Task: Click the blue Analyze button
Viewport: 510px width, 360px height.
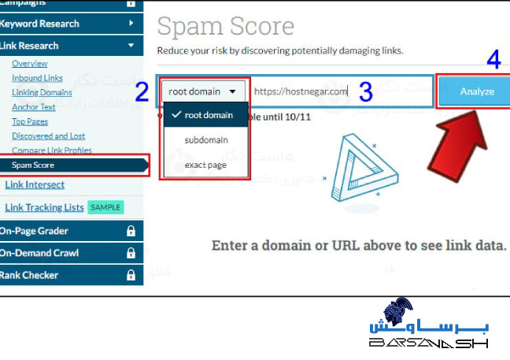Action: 477,91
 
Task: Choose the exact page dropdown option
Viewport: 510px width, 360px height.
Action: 205,165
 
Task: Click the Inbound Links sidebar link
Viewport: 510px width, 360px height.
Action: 37,78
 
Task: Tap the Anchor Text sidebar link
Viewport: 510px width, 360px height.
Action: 34,107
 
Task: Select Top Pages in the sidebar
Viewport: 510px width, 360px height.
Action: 30,121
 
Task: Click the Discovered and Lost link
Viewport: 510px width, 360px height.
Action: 48,135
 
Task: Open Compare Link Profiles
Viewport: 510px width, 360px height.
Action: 52,150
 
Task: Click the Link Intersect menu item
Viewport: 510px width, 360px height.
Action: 35,184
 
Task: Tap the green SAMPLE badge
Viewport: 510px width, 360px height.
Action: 105,207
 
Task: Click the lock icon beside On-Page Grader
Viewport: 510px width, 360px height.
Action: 131,232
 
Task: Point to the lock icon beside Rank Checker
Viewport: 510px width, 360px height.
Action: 131,276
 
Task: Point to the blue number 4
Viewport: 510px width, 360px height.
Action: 493,61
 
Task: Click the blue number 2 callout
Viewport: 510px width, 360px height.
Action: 142,92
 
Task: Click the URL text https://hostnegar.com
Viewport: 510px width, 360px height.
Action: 301,91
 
